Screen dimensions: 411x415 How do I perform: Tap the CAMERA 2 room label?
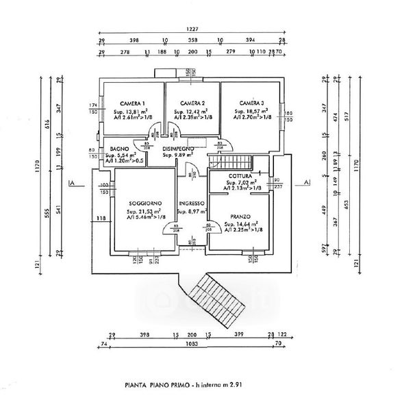[192, 103]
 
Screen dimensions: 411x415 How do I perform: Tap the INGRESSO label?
[192, 203]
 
